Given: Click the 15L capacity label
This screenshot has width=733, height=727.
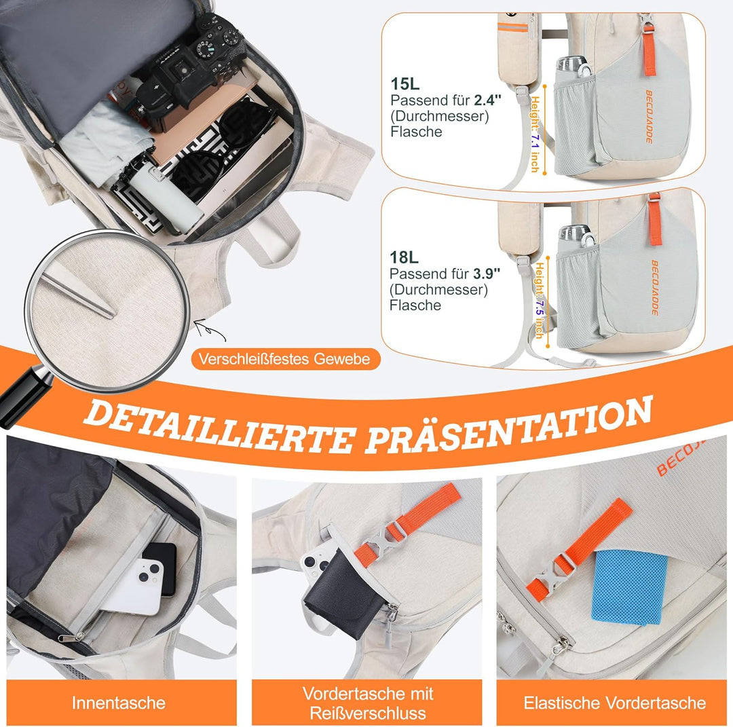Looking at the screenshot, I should click(405, 83).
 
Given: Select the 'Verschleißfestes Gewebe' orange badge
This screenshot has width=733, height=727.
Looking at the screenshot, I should click(286, 359).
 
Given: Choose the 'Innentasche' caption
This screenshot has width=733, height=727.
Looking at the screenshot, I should click(119, 703).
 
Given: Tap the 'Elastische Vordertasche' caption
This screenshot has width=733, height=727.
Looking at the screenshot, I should click(614, 703).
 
